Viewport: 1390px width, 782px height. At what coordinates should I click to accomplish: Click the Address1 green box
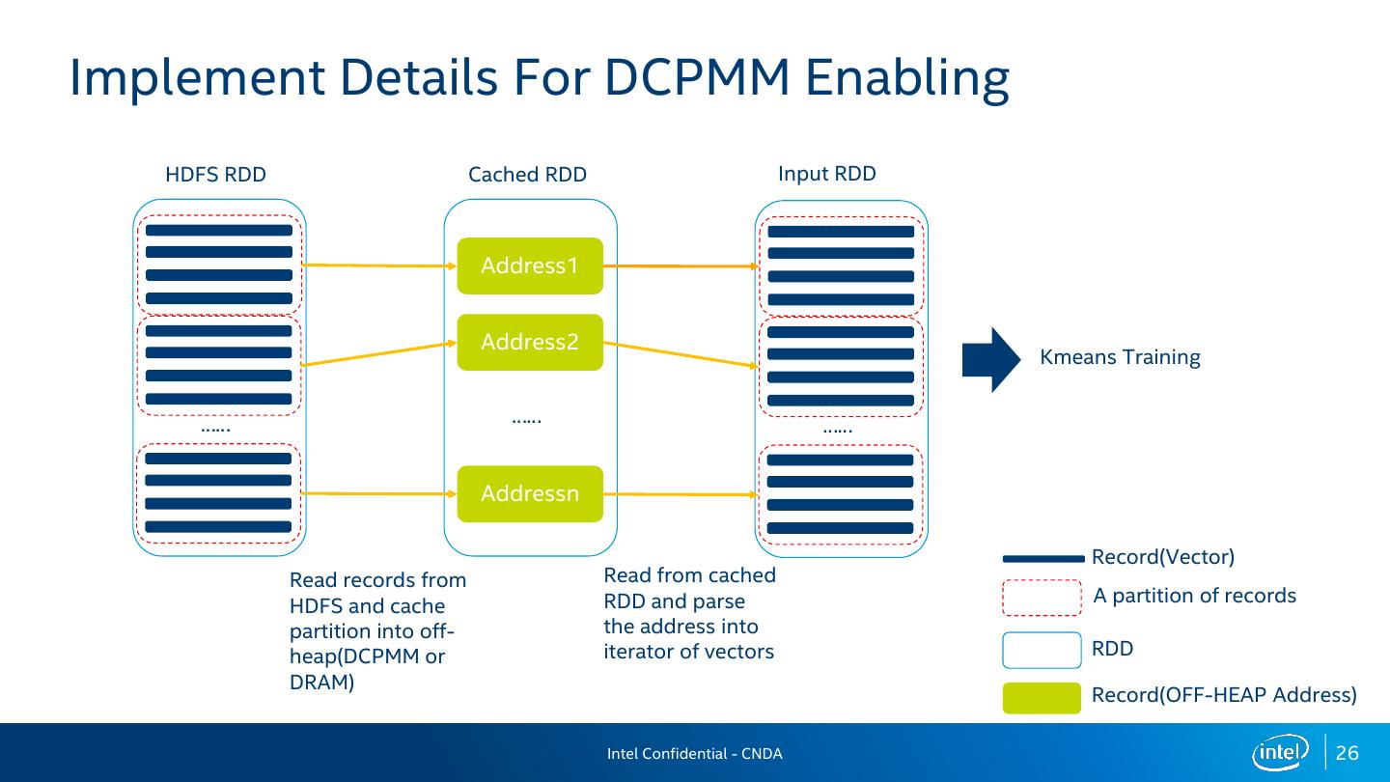coord(530,265)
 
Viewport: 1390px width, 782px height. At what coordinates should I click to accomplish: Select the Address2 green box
coord(530,342)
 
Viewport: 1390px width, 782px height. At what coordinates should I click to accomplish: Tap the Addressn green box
coord(530,493)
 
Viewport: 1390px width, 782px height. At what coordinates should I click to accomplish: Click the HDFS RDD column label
coord(215,175)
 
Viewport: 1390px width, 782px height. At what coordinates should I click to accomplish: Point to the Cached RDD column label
coord(527,175)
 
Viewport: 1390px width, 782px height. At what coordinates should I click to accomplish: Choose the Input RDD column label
coord(827,174)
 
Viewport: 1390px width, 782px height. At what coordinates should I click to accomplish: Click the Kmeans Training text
coord(1120,357)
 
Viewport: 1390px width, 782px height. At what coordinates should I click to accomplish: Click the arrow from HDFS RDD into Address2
coord(379,352)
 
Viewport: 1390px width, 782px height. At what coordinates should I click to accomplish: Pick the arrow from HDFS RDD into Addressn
coord(379,493)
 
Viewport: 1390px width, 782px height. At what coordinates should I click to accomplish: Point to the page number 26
coord(1348,753)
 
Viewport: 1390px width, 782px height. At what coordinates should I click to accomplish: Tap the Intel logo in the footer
coord(1280,752)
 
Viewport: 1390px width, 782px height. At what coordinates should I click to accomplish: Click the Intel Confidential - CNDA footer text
coord(694,753)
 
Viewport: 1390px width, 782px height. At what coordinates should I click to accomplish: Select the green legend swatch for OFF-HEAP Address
coord(1042,697)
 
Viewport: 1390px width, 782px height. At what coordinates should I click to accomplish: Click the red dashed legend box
coord(1042,598)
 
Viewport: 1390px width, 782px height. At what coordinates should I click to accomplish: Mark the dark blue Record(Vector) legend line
coord(1043,558)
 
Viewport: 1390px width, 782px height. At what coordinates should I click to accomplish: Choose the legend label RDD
coord(1112,649)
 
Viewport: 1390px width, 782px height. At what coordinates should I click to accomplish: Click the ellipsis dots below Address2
coord(526,420)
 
